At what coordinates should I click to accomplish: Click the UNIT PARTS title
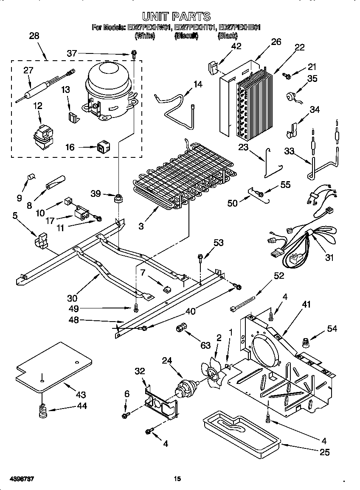click(x=176, y=17)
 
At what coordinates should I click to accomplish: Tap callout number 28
click(x=34, y=36)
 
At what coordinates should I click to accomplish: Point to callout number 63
click(x=205, y=346)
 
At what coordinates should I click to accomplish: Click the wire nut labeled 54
click(x=304, y=342)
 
